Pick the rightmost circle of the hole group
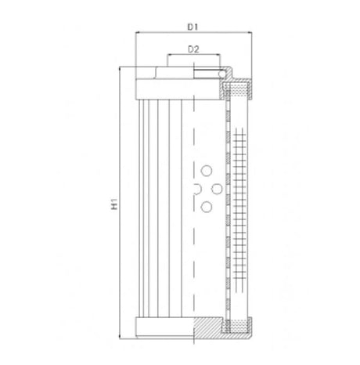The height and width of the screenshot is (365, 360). (215, 188)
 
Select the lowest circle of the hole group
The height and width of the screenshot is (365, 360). (207, 205)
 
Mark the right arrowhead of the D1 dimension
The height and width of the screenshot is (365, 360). (250, 34)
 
